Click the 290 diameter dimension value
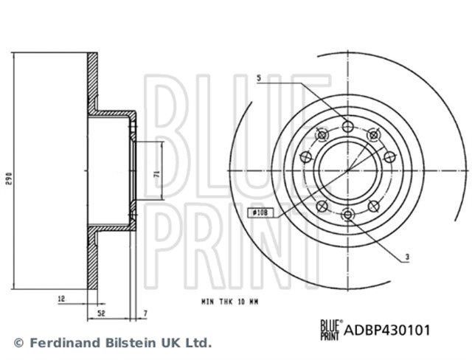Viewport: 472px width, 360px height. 9,179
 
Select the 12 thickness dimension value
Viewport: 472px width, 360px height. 61,299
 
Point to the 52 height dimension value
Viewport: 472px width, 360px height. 102,314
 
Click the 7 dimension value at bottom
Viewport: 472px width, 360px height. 145,314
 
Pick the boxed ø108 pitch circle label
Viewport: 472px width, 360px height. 260,212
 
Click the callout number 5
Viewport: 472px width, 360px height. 259,78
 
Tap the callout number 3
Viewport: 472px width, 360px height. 407,257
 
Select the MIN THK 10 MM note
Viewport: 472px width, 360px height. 229,302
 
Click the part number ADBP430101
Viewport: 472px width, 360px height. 387,330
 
